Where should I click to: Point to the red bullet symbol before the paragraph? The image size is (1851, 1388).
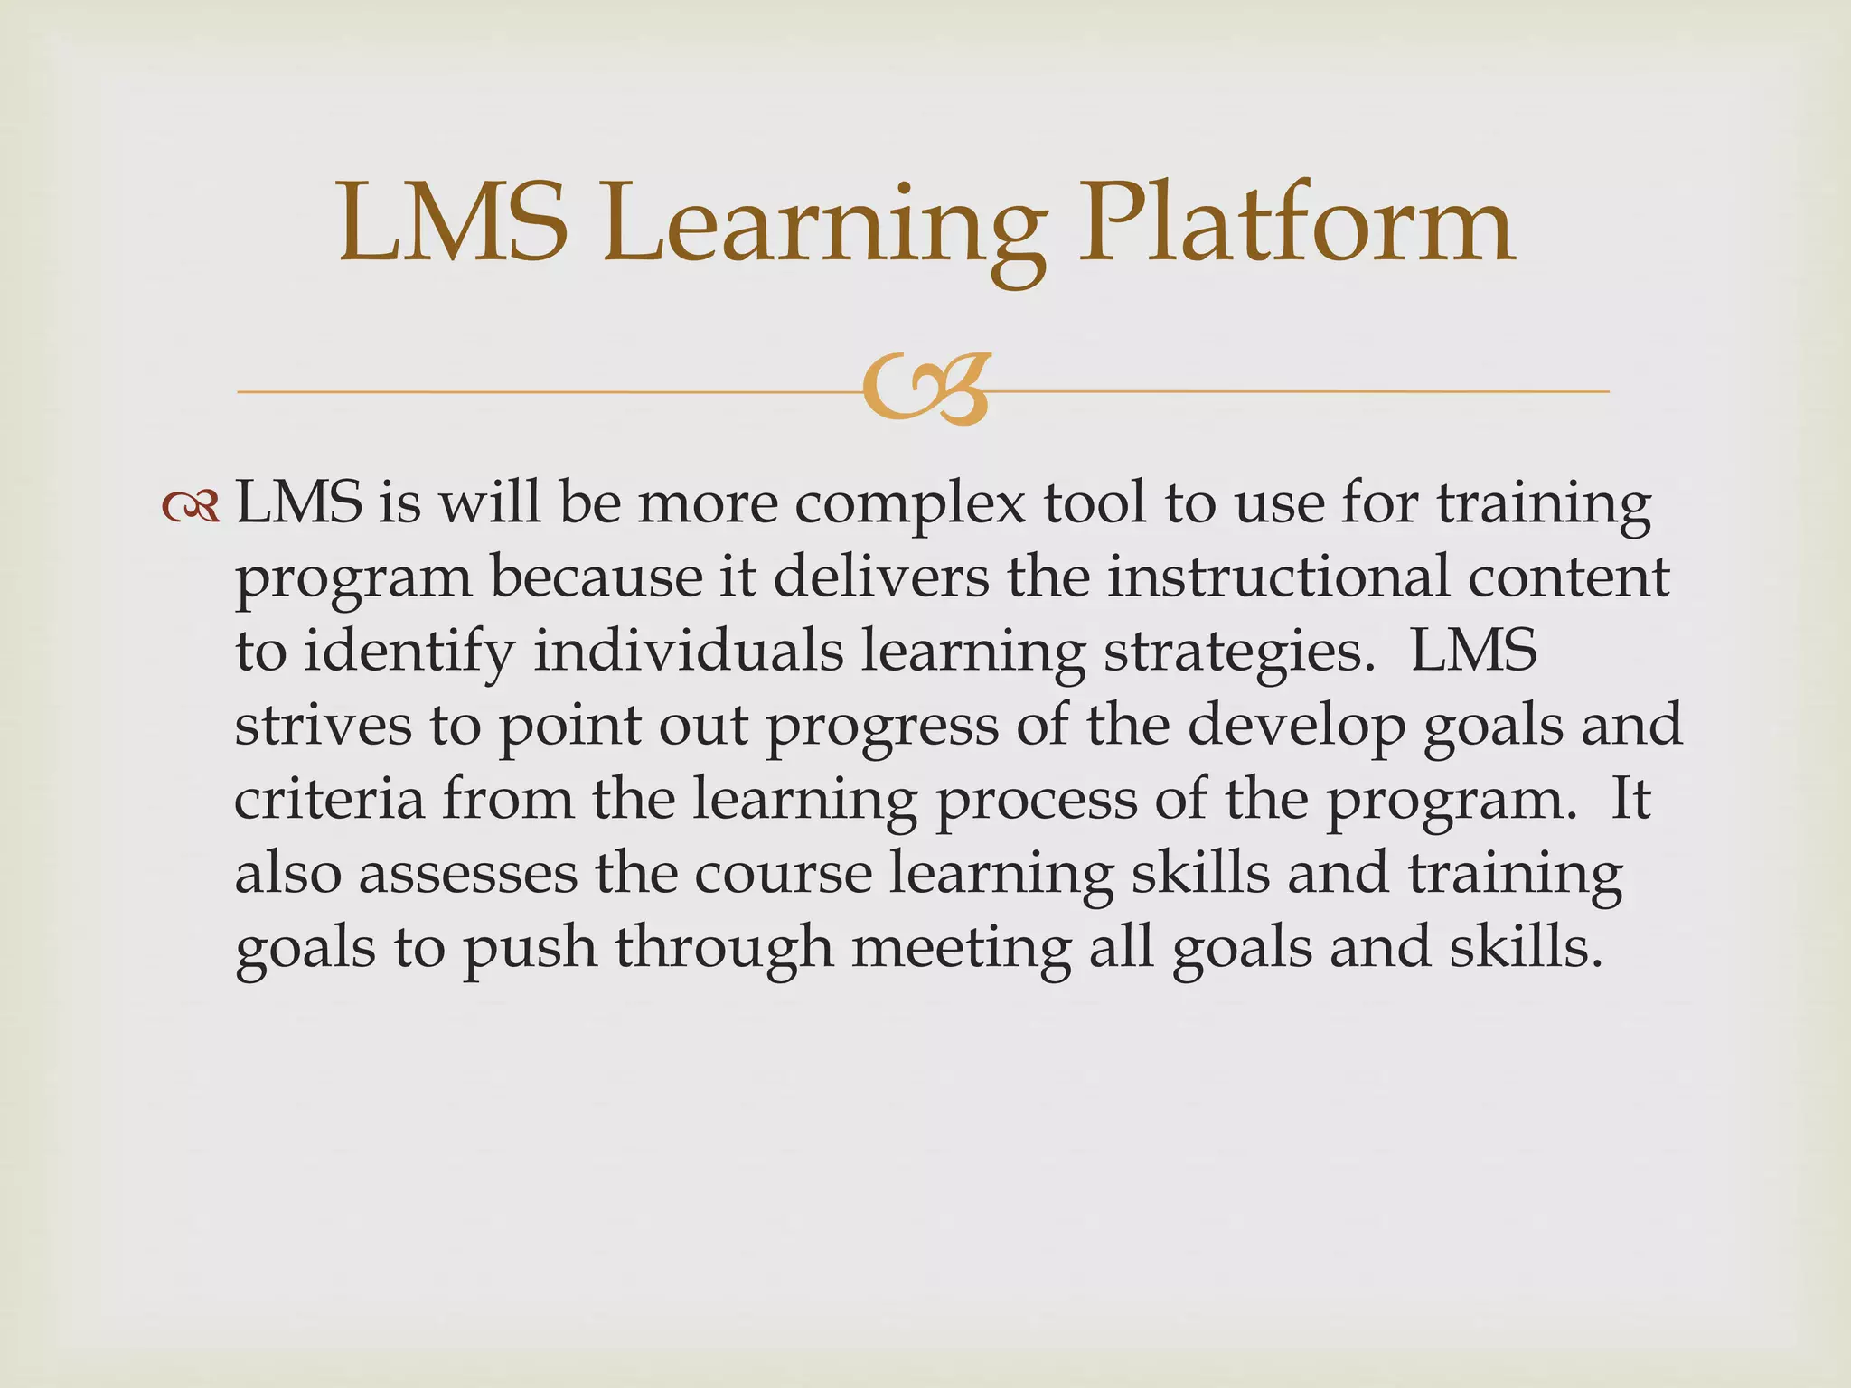click(191, 508)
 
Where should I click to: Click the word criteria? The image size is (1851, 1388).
click(329, 800)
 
